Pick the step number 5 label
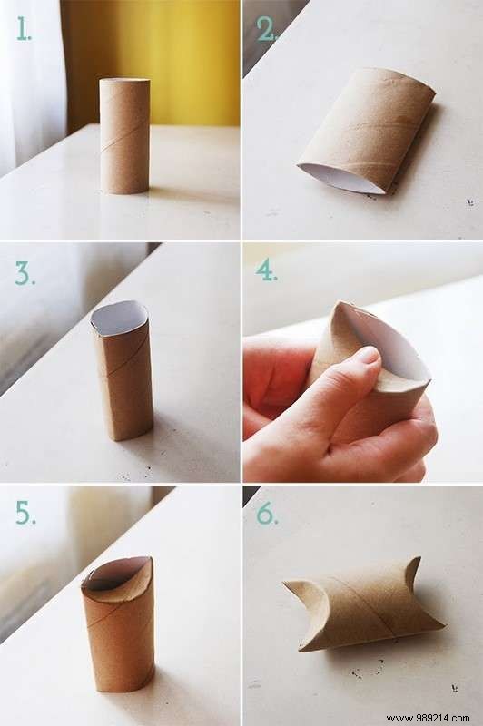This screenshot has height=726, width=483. (25, 513)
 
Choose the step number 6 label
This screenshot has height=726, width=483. (267, 513)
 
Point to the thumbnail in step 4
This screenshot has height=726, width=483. (366, 355)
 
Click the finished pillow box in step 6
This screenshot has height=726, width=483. (363, 603)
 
